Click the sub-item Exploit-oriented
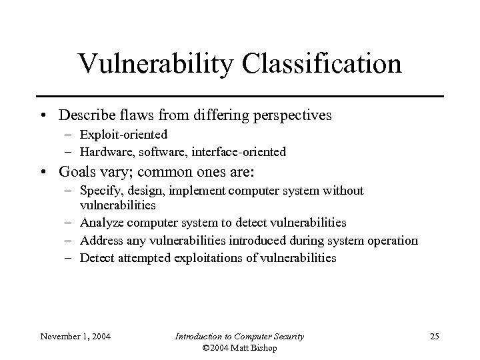pos(123,135)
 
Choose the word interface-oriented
pos(242,152)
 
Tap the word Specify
pos(101,191)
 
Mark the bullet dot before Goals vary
pos(44,171)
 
